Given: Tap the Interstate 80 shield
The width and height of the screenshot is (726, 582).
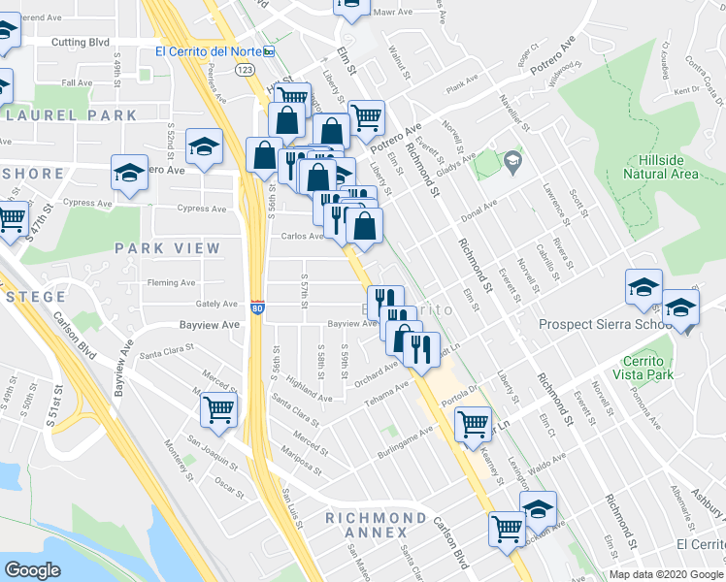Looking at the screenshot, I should tap(257, 307).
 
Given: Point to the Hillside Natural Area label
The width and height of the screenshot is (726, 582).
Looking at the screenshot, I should tap(661, 167).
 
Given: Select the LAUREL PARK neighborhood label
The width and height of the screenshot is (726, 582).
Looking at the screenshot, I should tap(70, 115).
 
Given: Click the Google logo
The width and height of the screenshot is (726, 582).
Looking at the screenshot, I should tap(32, 570).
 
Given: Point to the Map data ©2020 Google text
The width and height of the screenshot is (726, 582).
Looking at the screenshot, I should tap(667, 574).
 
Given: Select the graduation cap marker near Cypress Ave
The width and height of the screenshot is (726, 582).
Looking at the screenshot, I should tap(129, 173).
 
